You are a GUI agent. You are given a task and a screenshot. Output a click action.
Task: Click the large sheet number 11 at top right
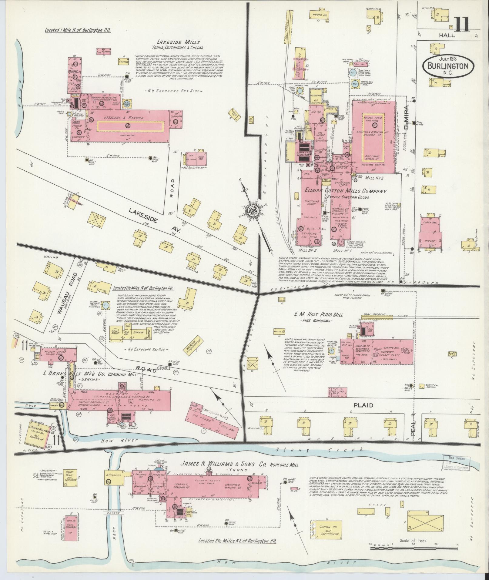click(x=462, y=25)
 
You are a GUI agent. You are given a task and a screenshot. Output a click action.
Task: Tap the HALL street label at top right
click(x=447, y=35)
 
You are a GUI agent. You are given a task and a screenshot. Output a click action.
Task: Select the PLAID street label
click(x=367, y=405)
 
